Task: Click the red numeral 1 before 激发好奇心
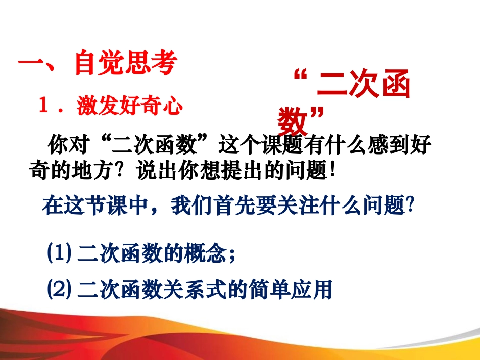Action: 44,106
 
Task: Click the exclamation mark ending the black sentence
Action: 332,171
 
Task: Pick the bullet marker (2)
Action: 59,289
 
